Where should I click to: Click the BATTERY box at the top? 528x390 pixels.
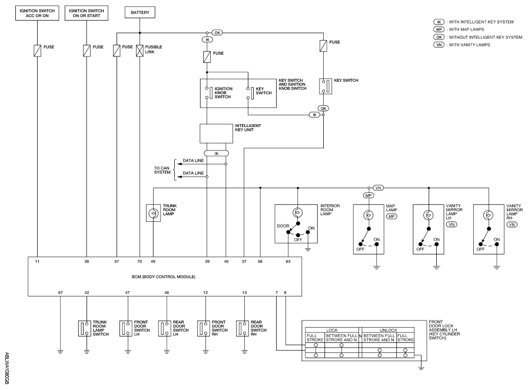tap(140, 12)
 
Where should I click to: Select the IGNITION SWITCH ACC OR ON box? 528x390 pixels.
tap(37, 13)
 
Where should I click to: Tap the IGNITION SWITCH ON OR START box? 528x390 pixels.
tap(87, 13)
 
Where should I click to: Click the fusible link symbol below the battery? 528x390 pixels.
tap(140, 51)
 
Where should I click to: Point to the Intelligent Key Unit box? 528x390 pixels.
tap(216, 134)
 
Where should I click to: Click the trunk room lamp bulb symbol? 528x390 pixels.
tap(153, 213)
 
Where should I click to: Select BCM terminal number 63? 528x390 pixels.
tap(288, 261)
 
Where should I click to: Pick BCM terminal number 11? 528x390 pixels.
tap(37, 261)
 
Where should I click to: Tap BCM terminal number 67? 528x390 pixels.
tap(60, 293)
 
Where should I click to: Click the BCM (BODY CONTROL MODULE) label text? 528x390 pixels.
tap(163, 277)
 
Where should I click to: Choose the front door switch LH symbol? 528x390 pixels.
tap(125, 328)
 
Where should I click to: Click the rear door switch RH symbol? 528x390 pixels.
tap(243, 328)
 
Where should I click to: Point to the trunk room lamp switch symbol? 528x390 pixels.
tap(85, 328)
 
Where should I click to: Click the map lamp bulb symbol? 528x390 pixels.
tap(368, 215)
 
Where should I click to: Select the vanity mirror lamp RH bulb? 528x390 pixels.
tap(489, 215)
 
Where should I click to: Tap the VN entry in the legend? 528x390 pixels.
tap(439, 45)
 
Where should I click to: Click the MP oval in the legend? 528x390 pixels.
tap(439, 29)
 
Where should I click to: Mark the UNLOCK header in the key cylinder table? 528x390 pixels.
tap(388, 331)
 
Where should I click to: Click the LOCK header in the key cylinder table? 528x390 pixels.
tap(332, 331)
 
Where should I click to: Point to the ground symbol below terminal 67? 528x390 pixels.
tap(60, 352)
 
